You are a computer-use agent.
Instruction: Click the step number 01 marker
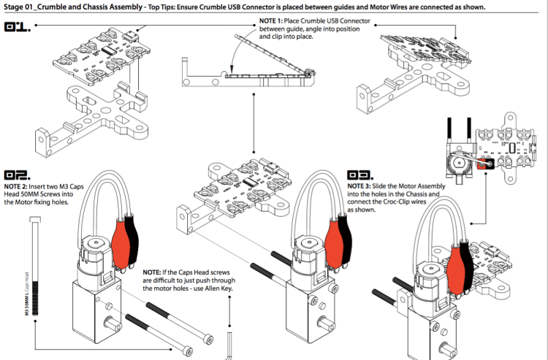tap(18, 29)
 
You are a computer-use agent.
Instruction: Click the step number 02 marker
tap(18, 175)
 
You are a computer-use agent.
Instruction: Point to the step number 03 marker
tap(362, 175)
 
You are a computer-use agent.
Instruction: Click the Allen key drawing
tap(229, 343)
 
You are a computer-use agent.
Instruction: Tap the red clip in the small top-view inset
tap(483, 163)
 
